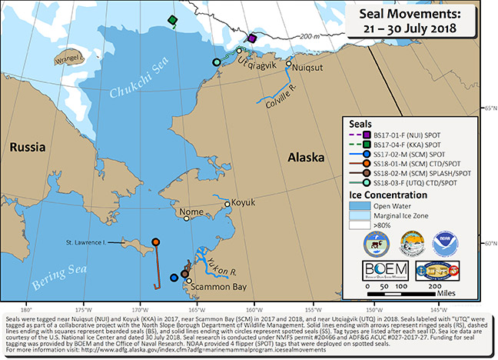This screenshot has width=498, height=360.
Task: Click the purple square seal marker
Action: (251, 37)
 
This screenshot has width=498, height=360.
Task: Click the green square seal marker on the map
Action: (174, 20)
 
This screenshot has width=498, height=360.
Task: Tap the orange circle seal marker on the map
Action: (156, 242)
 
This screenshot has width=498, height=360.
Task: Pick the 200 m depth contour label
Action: (309, 37)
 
